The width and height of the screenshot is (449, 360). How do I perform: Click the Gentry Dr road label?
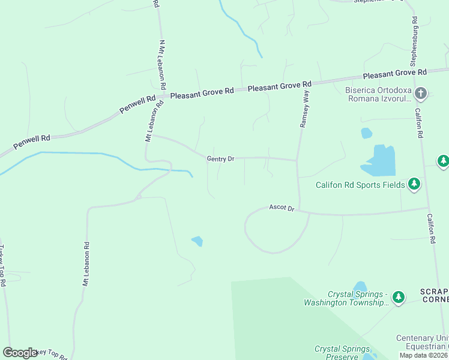pos(220,159)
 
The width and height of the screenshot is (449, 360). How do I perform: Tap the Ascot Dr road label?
pos(282,208)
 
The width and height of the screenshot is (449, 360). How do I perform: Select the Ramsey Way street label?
pos(304,109)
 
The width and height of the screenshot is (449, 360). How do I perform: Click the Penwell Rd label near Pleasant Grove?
pos(137,104)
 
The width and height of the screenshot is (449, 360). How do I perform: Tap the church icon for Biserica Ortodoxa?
pos(421,93)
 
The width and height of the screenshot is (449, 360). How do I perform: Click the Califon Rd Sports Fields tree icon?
pos(414,184)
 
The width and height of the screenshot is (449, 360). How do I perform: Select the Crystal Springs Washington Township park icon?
pos(398,297)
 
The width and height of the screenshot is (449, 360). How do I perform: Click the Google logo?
pos(20,353)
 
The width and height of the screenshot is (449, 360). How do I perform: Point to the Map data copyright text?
pos(424,355)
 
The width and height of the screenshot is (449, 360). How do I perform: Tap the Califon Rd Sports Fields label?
pos(360,185)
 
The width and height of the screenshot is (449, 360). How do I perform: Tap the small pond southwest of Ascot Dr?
pos(197,241)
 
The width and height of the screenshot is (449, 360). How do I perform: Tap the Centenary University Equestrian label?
pos(422,342)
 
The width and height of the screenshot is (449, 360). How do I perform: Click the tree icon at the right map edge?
pos(443,161)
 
